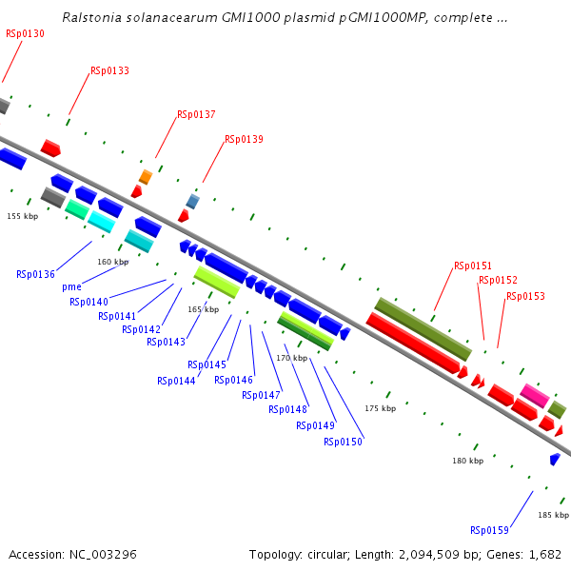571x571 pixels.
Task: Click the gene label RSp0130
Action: point(25,33)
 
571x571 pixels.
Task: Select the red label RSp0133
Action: point(109,70)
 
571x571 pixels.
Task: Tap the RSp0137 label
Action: point(196,114)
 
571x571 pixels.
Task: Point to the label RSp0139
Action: point(244,139)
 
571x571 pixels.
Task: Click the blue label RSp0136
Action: point(35,274)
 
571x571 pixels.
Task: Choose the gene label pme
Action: point(71,286)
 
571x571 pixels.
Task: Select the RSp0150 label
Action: point(343,442)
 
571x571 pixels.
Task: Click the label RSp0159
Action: point(489,530)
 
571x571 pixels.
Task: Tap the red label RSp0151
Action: point(473,266)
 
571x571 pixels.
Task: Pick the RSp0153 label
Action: point(525,296)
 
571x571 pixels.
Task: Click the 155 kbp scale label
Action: point(22,217)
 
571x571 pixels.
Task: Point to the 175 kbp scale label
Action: point(380,408)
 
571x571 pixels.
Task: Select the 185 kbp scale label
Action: point(553,515)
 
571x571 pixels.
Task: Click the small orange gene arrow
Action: point(145,177)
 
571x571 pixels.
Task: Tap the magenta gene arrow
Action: point(534,394)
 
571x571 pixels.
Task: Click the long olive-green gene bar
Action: point(423,328)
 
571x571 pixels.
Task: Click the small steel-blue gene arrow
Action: point(192,202)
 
